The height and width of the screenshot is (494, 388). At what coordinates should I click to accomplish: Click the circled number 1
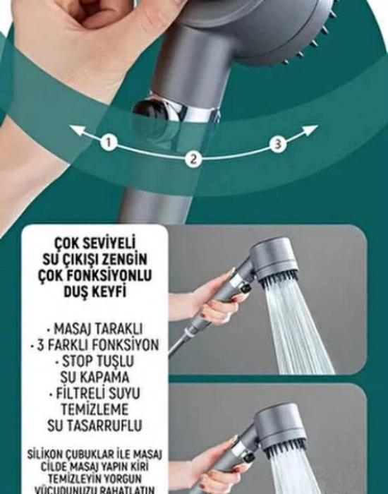[x=108, y=143]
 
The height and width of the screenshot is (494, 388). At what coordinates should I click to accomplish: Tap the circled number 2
[x=192, y=159]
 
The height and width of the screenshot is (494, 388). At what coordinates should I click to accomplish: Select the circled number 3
[x=278, y=144]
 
